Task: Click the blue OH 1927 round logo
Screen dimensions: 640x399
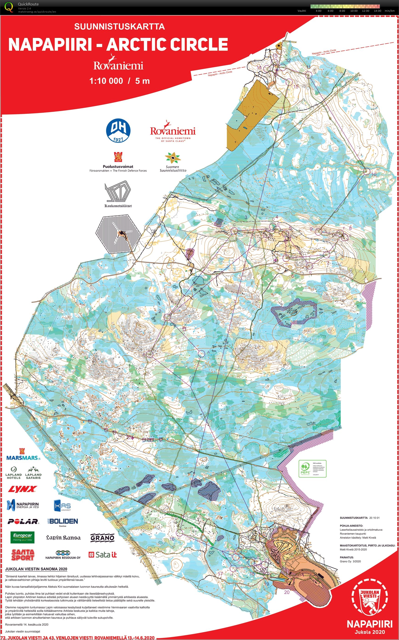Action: (118, 130)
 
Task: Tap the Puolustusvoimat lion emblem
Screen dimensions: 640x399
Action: (118, 157)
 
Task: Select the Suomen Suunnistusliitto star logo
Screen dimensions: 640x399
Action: (173, 158)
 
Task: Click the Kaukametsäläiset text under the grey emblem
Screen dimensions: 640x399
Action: (118, 206)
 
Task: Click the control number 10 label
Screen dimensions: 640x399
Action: (374, 174)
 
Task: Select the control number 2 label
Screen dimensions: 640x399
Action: (160, 311)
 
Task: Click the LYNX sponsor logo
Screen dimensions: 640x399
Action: (22, 489)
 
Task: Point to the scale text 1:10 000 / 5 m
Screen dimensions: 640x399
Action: (119, 81)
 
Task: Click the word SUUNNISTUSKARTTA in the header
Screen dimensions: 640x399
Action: (119, 26)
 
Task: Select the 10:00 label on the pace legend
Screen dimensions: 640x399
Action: (354, 11)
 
